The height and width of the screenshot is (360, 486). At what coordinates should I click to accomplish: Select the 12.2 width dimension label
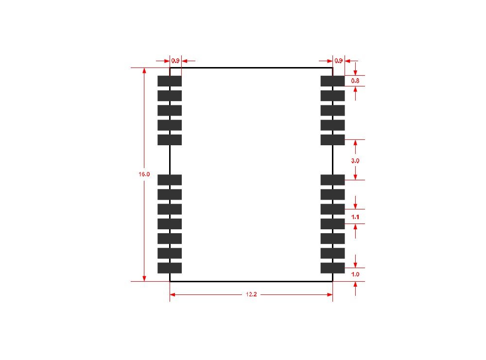(251, 294)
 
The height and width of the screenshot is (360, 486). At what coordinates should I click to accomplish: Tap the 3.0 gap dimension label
(355, 160)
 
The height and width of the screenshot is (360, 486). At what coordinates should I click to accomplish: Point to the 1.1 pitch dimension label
(355, 217)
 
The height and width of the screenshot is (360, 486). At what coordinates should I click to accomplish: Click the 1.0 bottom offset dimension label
(355, 274)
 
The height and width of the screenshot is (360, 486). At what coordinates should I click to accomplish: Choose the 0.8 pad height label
(355, 81)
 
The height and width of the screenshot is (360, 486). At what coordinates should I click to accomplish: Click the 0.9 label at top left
(175, 61)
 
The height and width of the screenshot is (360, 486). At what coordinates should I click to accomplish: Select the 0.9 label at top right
(339, 61)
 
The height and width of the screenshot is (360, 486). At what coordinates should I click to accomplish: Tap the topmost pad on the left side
(170, 81)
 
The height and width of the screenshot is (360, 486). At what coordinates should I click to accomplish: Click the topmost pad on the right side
(332, 81)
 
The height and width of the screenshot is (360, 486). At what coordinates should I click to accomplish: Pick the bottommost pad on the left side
(170, 268)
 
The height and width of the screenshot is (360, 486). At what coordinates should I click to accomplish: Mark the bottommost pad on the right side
(332, 268)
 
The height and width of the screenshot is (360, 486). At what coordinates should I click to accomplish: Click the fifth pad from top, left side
(170, 140)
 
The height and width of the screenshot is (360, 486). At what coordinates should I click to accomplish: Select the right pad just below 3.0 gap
(332, 180)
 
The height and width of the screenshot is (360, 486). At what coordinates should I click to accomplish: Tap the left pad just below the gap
(170, 180)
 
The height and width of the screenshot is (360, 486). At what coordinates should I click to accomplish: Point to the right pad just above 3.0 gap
(332, 140)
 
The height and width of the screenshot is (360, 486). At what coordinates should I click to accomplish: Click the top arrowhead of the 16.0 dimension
(144, 70)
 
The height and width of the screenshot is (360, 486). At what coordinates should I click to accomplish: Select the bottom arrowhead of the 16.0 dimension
(144, 278)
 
